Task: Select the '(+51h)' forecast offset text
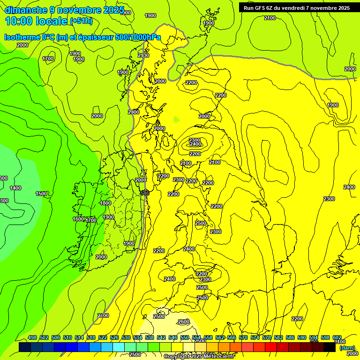point(81,21)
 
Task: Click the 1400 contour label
point(15,188)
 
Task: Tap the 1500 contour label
point(41,194)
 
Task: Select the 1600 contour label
point(78,219)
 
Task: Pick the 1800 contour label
point(105,203)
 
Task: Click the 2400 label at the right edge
point(349,187)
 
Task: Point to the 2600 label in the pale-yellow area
point(184,322)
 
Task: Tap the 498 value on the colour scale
point(32,337)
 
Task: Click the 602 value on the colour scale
point(337,337)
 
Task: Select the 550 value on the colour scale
point(184,337)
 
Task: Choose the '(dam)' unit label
point(347,348)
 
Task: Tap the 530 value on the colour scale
point(126,337)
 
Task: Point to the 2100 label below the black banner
point(270,18)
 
